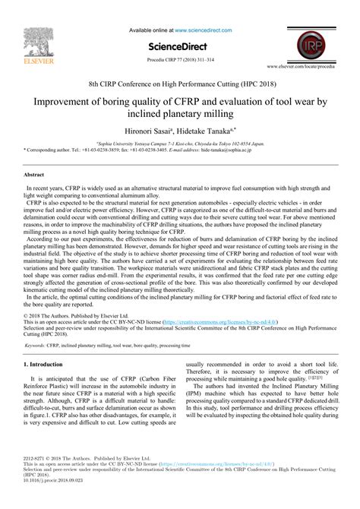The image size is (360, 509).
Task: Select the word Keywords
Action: click(35, 346)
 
